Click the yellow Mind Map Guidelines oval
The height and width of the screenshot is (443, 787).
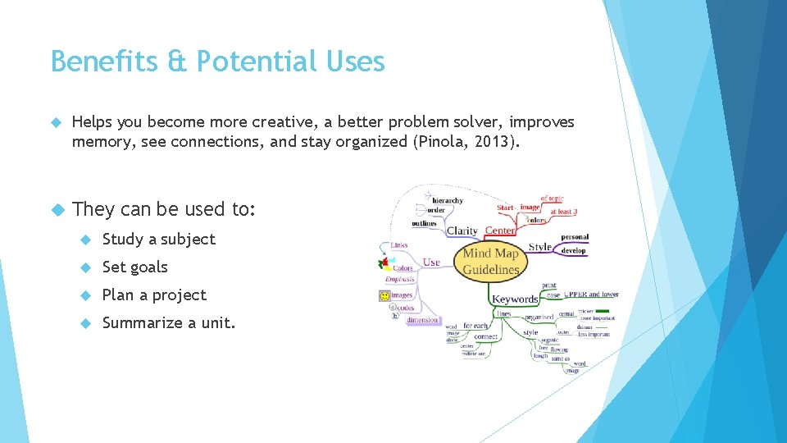(490, 262)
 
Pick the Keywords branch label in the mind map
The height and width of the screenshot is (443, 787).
(514, 299)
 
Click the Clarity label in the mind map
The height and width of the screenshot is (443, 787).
(462, 231)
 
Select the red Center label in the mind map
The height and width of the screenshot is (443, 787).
(500, 231)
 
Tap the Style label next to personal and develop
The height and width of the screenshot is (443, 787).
(539, 246)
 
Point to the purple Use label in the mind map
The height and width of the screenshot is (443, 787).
(431, 263)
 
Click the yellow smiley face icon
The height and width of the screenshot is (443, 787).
(384, 295)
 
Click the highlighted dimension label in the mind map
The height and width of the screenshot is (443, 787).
(422, 320)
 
